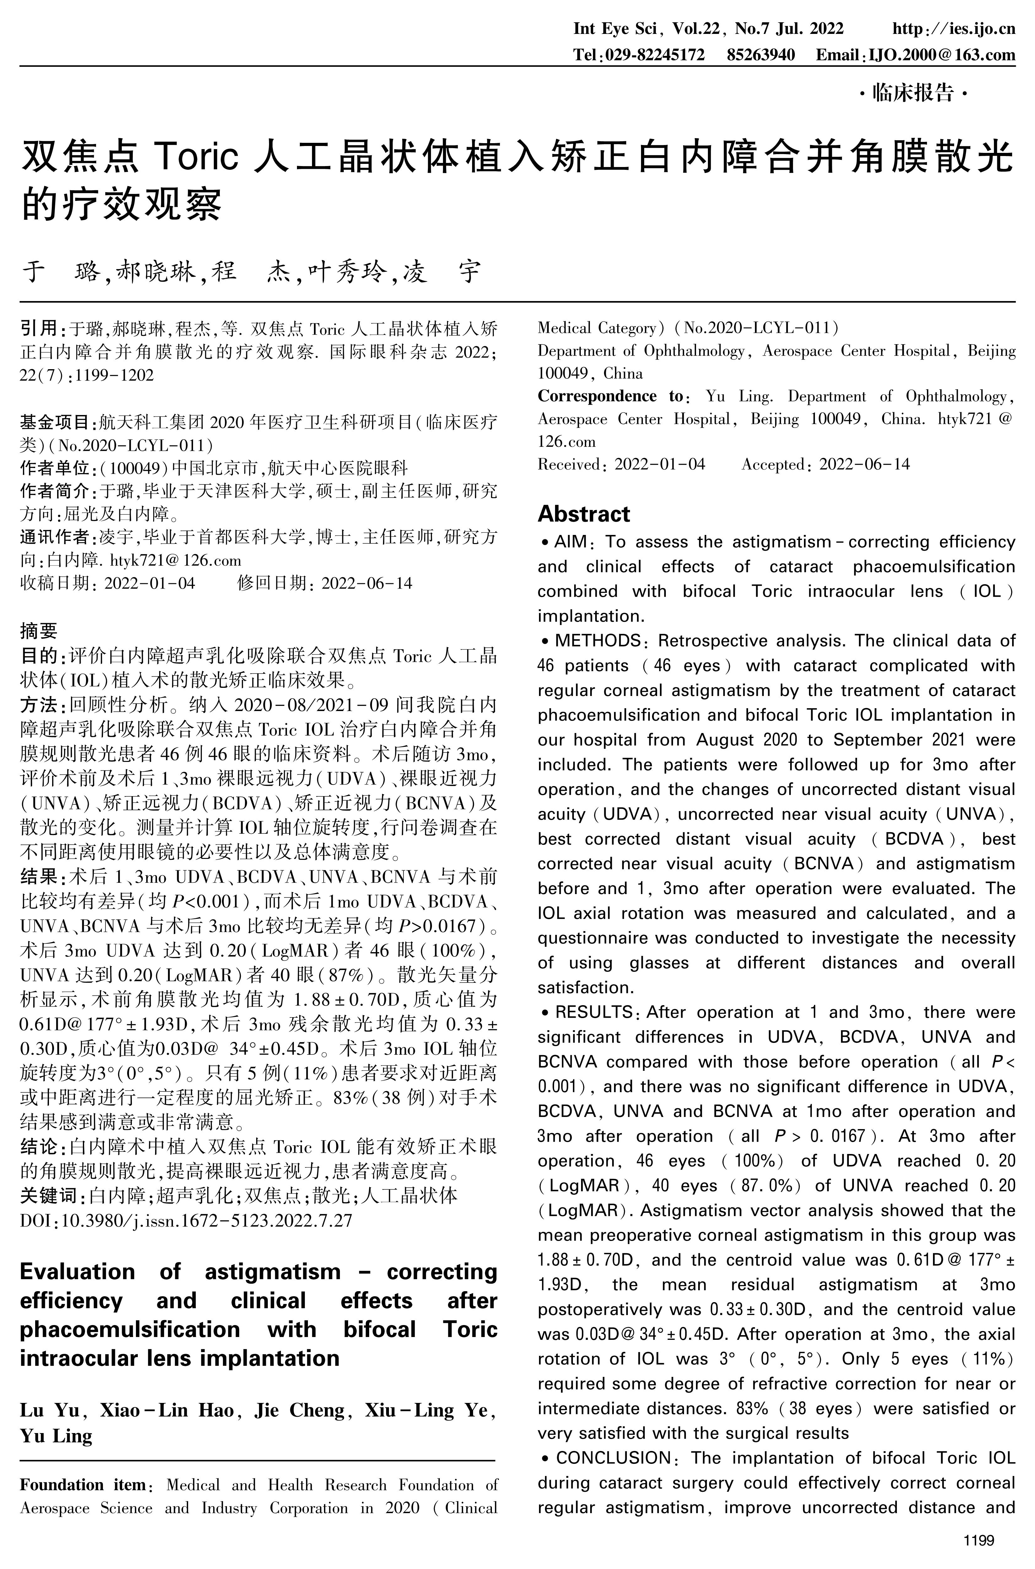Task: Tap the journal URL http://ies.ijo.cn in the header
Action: [953, 29]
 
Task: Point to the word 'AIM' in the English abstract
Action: [570, 542]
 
